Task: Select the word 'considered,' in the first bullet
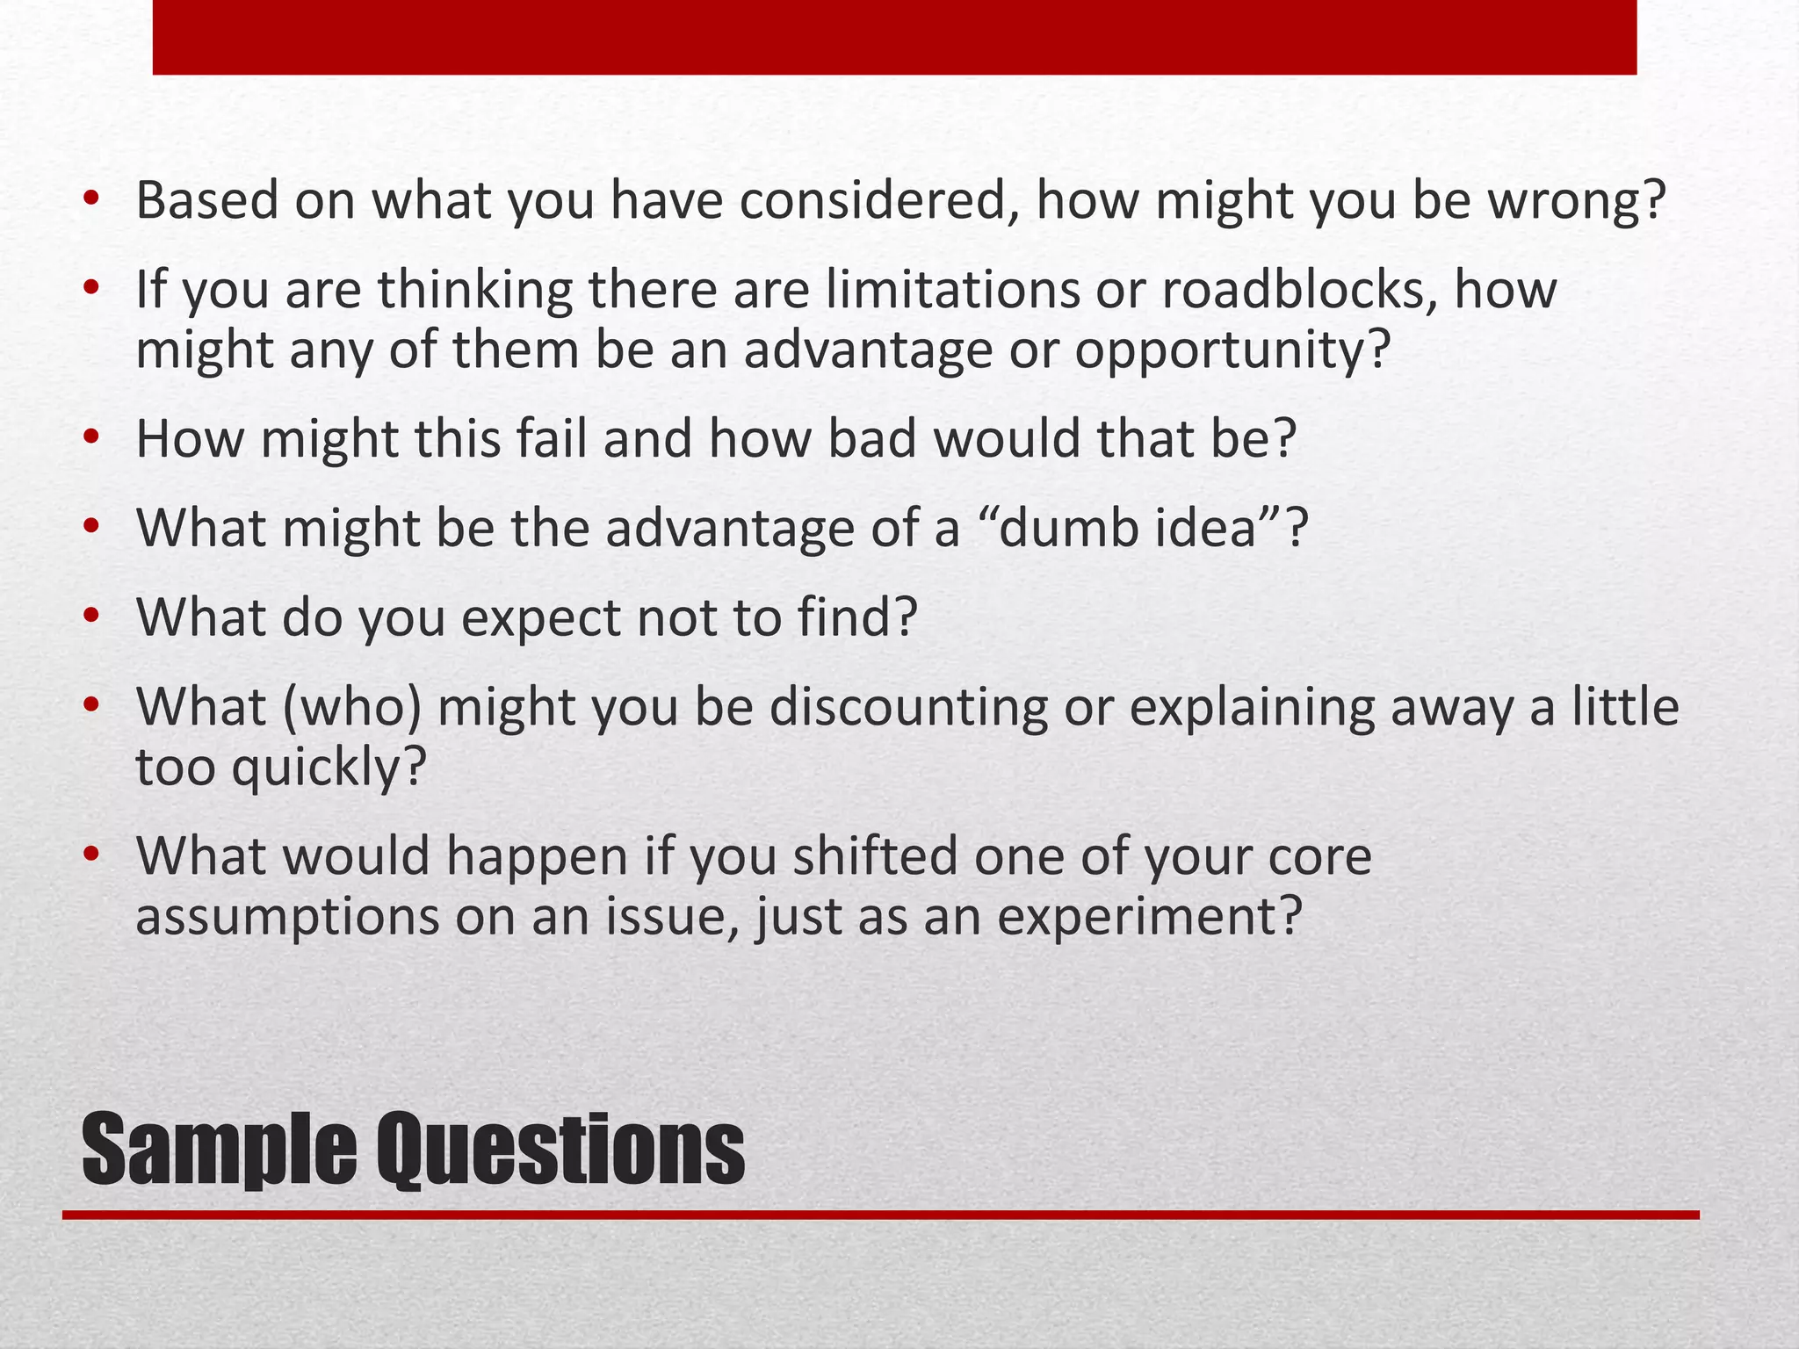coord(878,200)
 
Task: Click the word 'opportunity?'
coord(1233,350)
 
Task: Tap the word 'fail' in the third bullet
coord(552,438)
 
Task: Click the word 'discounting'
coord(908,707)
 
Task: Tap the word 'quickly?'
coord(329,767)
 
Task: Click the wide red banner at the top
coord(894,37)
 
